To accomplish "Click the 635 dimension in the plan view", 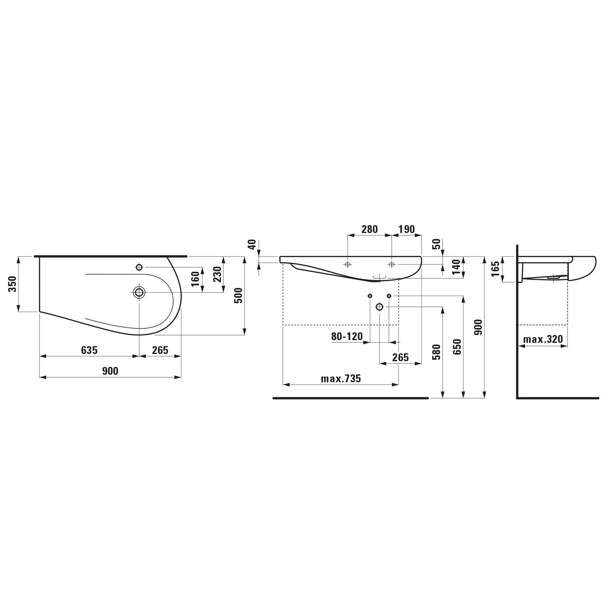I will click(89, 350).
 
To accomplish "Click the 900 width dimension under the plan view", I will click(110, 371).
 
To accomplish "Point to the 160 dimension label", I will click(196, 279).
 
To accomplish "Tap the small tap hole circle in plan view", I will click(139, 267).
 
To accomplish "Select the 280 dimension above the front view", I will click(369, 229).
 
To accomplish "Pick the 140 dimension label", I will click(457, 267).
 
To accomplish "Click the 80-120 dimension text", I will click(347, 336).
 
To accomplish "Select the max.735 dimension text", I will click(341, 379).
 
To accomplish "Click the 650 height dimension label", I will click(457, 347).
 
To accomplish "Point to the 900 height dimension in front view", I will click(478, 327).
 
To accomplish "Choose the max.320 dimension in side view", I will click(543, 339).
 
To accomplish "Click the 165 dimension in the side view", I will click(496, 269).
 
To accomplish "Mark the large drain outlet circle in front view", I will click(379, 307).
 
